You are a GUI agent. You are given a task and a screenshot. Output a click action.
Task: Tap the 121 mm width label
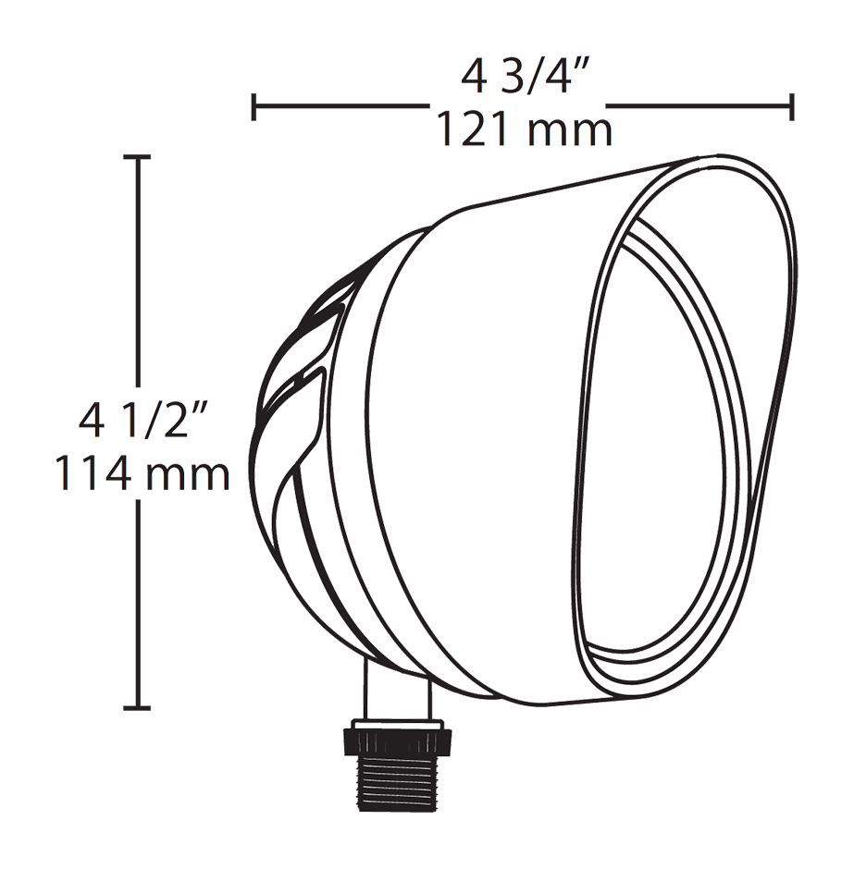[x=524, y=129]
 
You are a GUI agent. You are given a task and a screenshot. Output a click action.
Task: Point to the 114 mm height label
[x=140, y=474]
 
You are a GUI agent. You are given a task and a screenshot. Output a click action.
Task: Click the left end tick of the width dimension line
[x=254, y=106]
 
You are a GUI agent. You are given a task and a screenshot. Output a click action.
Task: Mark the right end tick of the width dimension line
[x=792, y=106]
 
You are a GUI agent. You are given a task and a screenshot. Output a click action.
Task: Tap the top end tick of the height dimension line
[x=138, y=159]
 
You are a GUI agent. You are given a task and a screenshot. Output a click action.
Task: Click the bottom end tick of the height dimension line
[x=138, y=708]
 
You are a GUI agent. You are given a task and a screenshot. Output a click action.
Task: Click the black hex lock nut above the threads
[x=399, y=739]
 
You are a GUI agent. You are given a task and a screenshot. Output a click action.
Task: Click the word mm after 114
[x=185, y=475]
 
